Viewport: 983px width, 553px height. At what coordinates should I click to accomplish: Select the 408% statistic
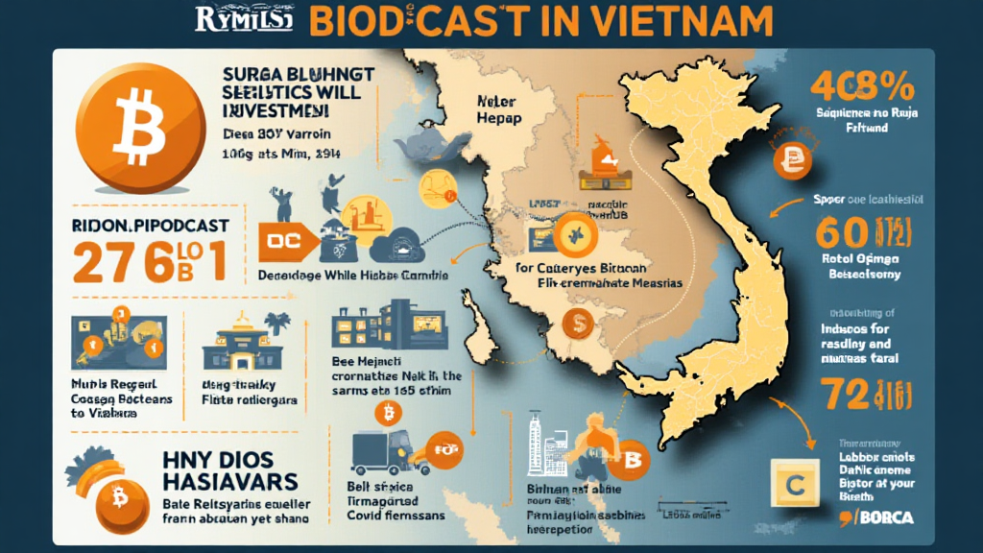point(861,89)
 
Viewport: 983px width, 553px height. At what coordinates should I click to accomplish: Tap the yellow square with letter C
point(794,484)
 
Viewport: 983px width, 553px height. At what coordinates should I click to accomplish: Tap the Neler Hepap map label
point(498,108)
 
